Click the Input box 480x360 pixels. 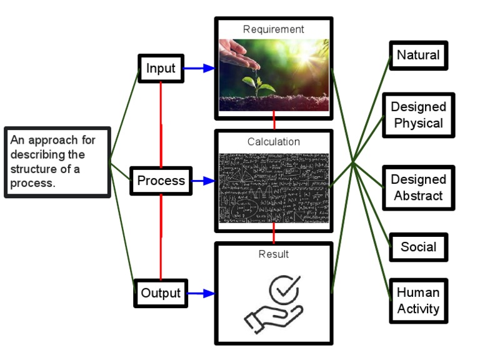point(161,68)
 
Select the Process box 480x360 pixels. point(161,181)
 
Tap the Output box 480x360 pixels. point(161,293)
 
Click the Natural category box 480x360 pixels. point(418,55)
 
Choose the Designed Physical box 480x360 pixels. point(418,115)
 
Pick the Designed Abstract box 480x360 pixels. point(418,187)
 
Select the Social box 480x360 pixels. point(418,247)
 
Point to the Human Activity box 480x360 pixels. point(418,301)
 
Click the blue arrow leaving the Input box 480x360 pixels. point(199,68)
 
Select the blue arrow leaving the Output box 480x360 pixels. point(201,293)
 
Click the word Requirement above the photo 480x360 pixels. point(274,29)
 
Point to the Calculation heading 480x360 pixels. point(274,142)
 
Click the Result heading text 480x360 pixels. point(274,254)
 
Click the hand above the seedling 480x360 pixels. point(241,56)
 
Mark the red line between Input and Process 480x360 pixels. point(161,125)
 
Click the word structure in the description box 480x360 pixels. point(34,169)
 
